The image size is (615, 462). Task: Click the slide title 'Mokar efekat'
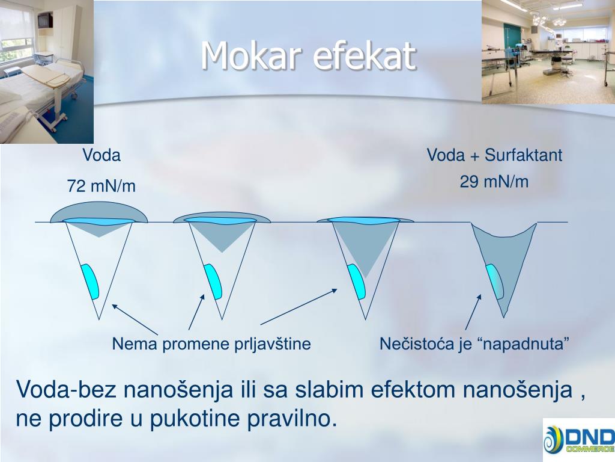(308, 56)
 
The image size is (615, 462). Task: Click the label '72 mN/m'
(101, 187)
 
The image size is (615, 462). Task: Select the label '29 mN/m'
(494, 182)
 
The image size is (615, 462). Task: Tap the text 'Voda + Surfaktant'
(494, 155)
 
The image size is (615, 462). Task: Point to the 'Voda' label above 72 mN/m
(101, 155)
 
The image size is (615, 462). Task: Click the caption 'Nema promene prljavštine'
(211, 344)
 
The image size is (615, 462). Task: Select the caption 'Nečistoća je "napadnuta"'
(474, 344)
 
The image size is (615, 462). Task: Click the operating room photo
(548, 51)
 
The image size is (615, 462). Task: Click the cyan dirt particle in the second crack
(213, 281)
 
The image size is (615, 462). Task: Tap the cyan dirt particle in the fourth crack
(495, 281)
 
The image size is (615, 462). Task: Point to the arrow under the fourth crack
(473, 312)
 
